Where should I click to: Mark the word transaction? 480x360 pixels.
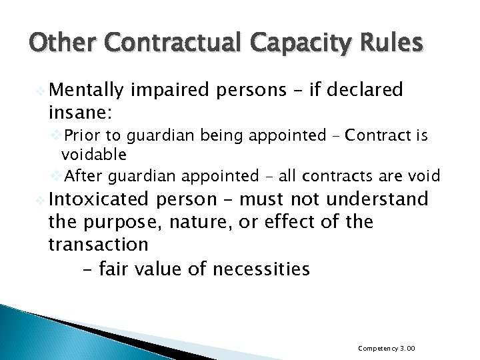[98, 245]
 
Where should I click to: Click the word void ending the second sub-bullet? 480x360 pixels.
[427, 175]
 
